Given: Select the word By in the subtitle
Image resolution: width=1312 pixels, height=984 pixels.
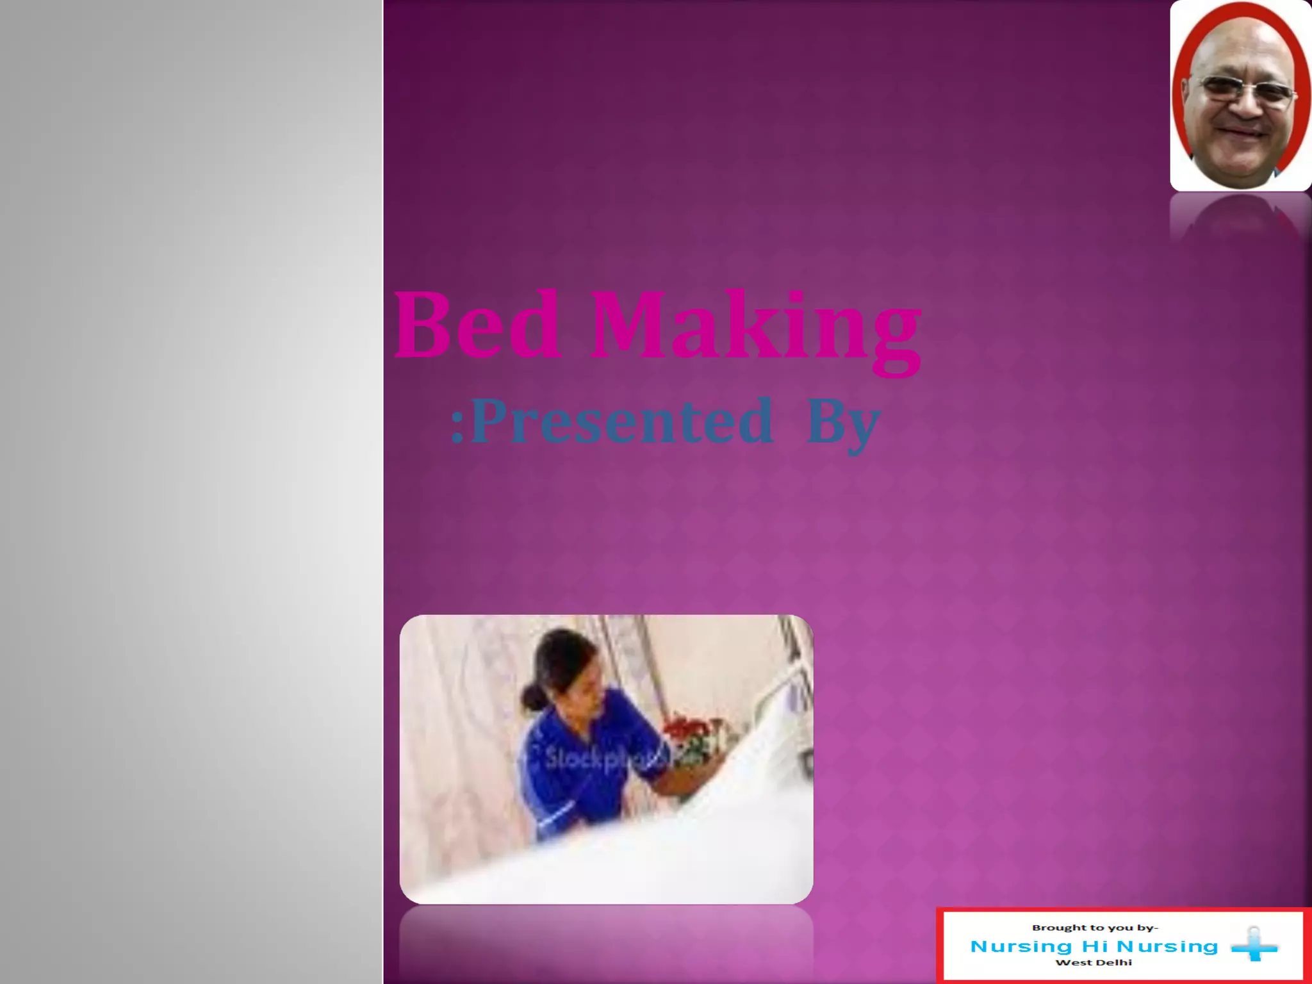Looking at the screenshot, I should coord(842,424).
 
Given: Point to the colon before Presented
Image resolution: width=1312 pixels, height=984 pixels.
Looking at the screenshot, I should coord(457,426).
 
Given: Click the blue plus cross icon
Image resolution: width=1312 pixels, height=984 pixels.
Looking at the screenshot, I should coord(1254,946).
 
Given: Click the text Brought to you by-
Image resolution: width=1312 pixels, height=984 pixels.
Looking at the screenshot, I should coord(1095,928).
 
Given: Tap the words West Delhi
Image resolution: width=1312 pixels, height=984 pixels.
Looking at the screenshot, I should coord(1094,962).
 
